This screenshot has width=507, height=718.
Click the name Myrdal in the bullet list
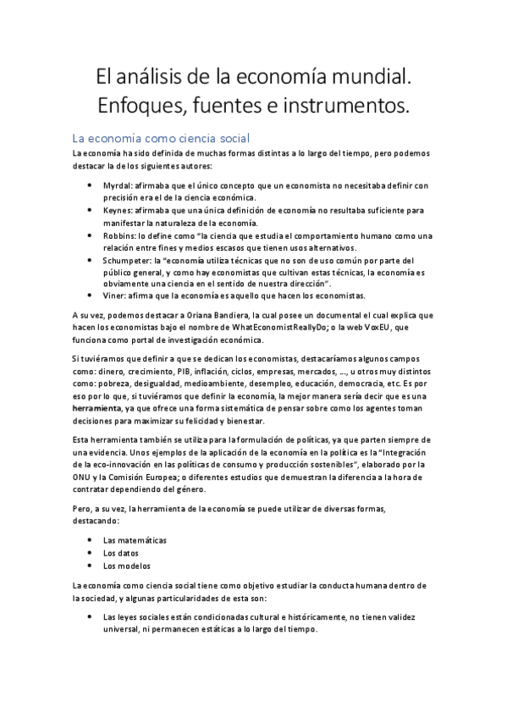coord(116,185)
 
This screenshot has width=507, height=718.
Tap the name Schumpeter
coord(126,260)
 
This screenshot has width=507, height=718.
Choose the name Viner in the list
coord(113,295)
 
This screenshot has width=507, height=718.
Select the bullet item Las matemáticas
coord(135,539)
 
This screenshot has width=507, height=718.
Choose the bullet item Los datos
coord(122,552)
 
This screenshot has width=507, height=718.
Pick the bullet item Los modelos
coord(127,565)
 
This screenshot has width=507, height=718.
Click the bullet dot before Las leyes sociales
coord(91,617)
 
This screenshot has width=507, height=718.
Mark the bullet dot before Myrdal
coord(91,185)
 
